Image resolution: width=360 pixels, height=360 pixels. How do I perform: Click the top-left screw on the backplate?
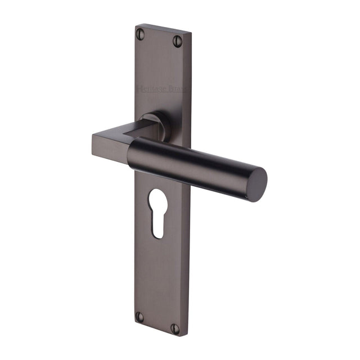coord(140,34)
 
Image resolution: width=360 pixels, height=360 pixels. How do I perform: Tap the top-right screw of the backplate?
coord(178,40)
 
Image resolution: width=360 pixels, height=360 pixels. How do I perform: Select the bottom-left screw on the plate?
coord(140,317)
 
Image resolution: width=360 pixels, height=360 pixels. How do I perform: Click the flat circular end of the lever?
coord(256,183)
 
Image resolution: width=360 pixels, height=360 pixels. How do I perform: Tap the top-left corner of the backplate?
coord(136,25)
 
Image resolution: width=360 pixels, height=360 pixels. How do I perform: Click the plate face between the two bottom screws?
coord(158,322)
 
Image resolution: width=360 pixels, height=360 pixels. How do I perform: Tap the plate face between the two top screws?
coord(159,37)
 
